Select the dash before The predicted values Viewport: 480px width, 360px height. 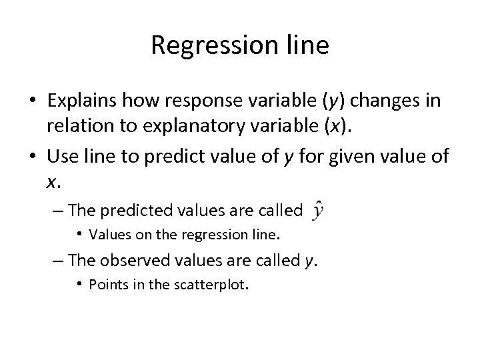[58, 211]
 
